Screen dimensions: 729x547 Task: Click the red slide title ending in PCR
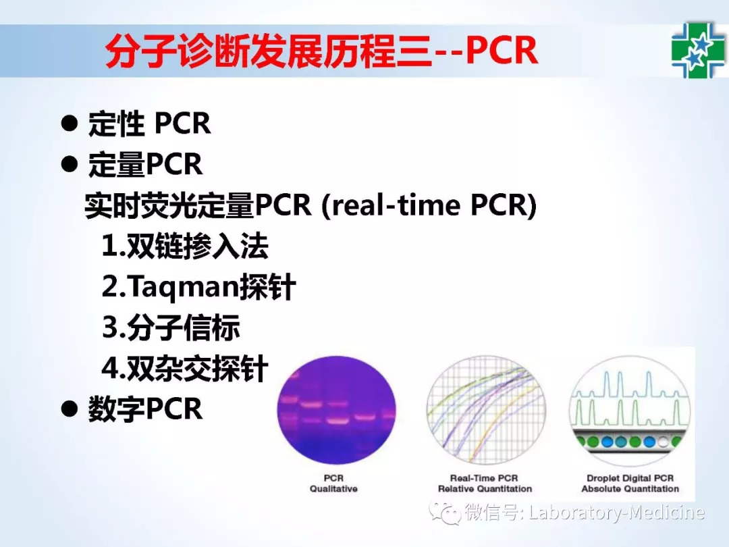coord(321,51)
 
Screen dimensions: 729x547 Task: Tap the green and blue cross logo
coord(698,50)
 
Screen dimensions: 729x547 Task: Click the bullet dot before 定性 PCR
coord(70,124)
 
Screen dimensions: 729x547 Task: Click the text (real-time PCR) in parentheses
coord(429,205)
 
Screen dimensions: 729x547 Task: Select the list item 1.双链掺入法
coord(185,246)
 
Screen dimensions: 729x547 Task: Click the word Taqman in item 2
coord(182,287)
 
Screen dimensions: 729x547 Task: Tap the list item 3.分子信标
coord(171,327)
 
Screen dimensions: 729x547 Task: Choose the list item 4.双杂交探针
coord(185,368)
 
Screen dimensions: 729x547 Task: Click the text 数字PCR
coord(146,409)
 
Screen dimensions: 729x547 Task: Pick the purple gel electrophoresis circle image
coord(337,410)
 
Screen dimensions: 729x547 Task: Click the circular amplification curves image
coord(486,410)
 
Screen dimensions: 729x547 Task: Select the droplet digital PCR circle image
coord(630,410)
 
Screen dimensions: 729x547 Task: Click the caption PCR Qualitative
coord(334,484)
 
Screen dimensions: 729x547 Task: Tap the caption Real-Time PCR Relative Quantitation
coord(485,484)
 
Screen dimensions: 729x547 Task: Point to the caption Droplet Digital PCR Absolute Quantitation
coord(630,484)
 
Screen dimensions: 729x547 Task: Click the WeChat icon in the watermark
coord(445,513)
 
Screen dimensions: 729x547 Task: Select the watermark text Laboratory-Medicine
coord(617,513)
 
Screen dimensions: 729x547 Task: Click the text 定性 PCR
coord(149,124)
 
